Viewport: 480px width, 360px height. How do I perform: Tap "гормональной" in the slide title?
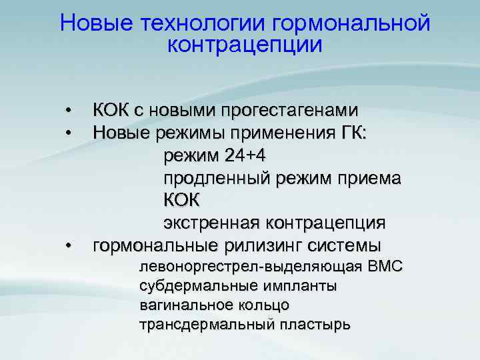[351, 24]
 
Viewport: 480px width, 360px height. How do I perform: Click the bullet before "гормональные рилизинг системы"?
[68, 247]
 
